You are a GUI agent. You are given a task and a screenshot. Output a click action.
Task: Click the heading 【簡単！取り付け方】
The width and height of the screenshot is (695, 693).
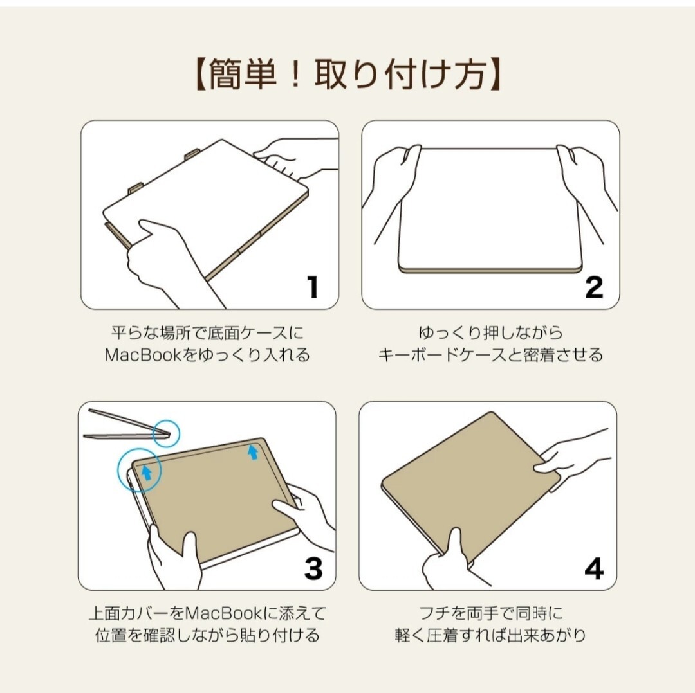348,75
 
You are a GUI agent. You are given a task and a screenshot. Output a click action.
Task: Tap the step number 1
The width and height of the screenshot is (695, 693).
313,287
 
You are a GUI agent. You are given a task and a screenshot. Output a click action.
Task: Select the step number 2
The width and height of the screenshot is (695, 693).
594,287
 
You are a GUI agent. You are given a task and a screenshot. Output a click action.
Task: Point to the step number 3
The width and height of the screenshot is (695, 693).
313,567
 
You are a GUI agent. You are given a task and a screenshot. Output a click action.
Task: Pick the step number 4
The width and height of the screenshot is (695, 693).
594,568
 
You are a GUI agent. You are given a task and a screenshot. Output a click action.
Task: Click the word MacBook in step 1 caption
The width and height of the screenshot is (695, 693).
143,355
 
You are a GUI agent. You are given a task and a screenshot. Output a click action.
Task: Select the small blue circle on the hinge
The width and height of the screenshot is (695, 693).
166,433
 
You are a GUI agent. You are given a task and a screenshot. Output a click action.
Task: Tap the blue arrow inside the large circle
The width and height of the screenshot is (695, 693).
146,472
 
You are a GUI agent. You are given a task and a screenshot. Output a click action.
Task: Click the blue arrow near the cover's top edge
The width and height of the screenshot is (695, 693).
253,452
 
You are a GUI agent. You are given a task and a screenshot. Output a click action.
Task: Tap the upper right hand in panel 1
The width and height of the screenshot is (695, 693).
293,159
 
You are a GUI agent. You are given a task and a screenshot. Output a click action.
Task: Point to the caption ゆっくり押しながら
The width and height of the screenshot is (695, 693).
490,332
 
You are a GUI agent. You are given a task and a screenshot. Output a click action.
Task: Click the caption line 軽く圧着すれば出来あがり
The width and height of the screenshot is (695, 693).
490,635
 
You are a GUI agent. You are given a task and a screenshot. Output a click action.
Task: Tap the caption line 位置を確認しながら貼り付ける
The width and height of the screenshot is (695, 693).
207,635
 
